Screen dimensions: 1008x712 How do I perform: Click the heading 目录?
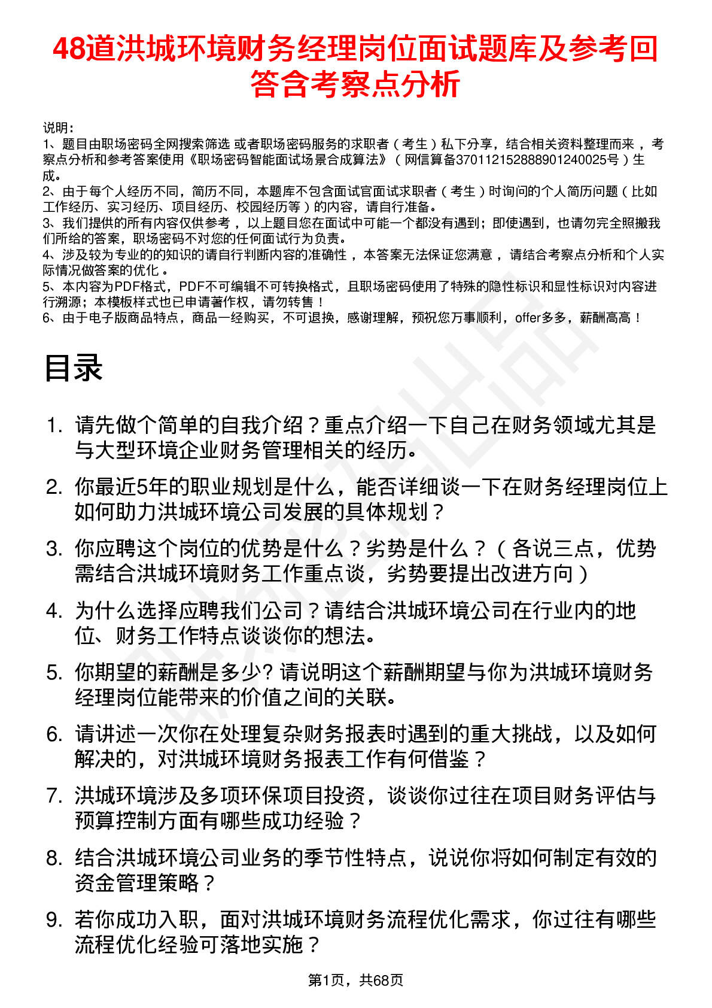pyautogui.click(x=74, y=368)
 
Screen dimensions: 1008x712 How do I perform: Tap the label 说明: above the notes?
pyautogui.click(x=58, y=128)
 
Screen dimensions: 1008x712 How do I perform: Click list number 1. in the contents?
pyautogui.click(x=54, y=426)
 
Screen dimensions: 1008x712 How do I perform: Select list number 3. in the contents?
pyautogui.click(x=54, y=549)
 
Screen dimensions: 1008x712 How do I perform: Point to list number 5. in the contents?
pyautogui.click(x=54, y=672)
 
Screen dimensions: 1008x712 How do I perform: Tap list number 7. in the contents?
pyautogui.click(x=54, y=796)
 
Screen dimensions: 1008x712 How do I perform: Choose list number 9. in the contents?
pyautogui.click(x=54, y=919)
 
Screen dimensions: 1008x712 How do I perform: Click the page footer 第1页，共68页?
pyautogui.click(x=355, y=980)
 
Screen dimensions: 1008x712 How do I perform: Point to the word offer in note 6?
pyautogui.click(x=528, y=318)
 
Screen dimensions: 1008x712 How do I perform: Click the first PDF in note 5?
pyautogui.click(x=126, y=287)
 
